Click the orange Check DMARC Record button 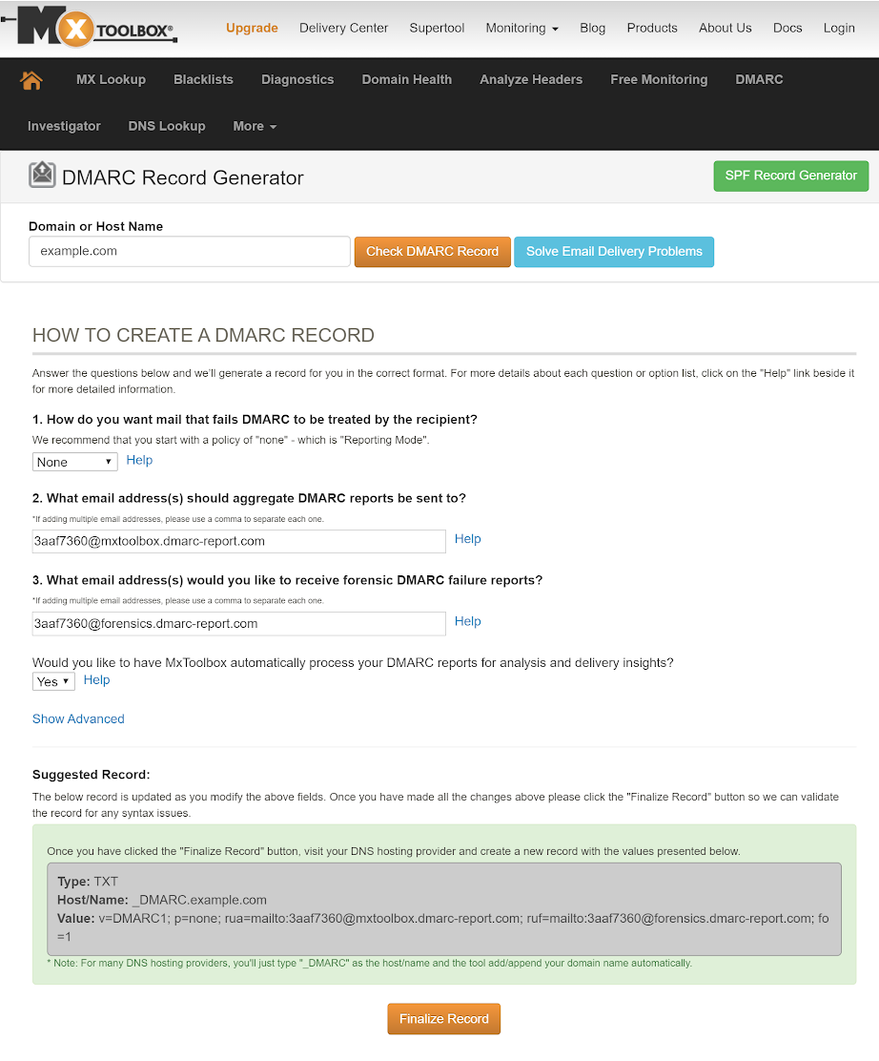pyautogui.click(x=432, y=252)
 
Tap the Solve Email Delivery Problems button pyautogui.click(x=613, y=252)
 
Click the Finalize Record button pyautogui.click(x=443, y=1018)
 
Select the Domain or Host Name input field pyautogui.click(x=190, y=252)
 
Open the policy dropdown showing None pyautogui.click(x=74, y=462)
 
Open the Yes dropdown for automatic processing pyautogui.click(x=53, y=681)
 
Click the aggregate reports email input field pyautogui.click(x=238, y=541)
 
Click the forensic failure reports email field pyautogui.click(x=238, y=623)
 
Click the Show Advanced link pyautogui.click(x=78, y=718)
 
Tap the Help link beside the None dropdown pyautogui.click(x=139, y=460)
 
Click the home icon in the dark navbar pyautogui.click(x=31, y=80)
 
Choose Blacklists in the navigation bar pyautogui.click(x=203, y=79)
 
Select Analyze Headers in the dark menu pyautogui.click(x=531, y=79)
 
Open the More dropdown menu pyautogui.click(x=255, y=126)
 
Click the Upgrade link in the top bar pyautogui.click(x=252, y=28)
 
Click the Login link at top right pyautogui.click(x=839, y=28)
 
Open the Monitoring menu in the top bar pyautogui.click(x=521, y=28)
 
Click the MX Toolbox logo pyautogui.click(x=95, y=29)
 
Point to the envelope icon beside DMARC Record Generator pyautogui.click(x=42, y=176)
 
